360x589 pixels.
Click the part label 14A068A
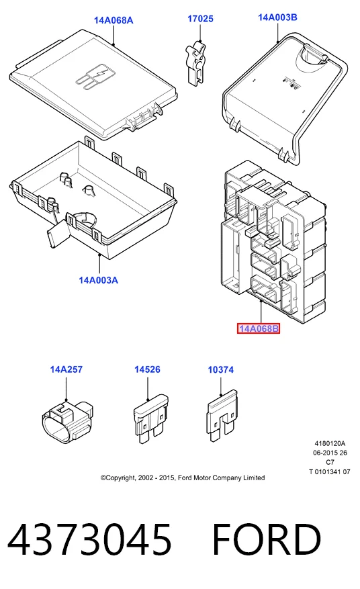coord(114,20)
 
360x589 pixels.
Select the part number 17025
coord(200,19)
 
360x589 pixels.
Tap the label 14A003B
coord(277,17)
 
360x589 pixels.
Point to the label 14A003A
coord(99,280)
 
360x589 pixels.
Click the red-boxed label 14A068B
coord(259,328)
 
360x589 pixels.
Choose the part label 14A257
coord(66,369)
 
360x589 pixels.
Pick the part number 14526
coord(147,369)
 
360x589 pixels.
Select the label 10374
coord(220,370)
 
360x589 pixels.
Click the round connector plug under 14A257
coord(67,422)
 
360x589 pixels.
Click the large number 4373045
coord(89,540)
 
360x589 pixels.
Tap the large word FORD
coord(267,540)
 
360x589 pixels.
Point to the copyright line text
coord(183,478)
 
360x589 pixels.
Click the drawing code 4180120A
coord(330,444)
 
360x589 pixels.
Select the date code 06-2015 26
coord(330,453)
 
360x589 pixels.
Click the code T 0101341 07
coord(330,471)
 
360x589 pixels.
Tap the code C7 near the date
coord(330,463)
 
